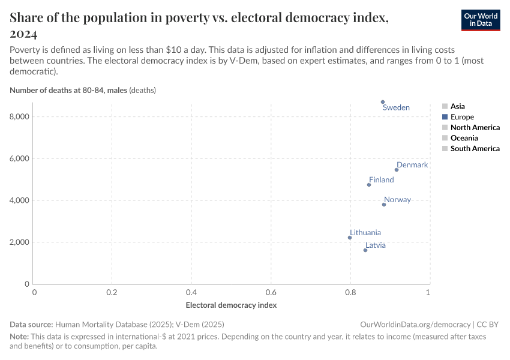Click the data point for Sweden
click(383, 102)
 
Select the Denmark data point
click(397, 170)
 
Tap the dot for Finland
click(369, 185)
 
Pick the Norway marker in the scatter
click(384, 205)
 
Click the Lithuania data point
click(350, 238)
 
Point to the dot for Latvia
click(365, 250)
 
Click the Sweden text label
click(396, 108)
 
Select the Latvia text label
click(376, 245)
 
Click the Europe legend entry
click(462, 117)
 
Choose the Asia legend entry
click(457, 107)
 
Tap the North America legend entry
click(475, 128)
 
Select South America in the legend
click(475, 149)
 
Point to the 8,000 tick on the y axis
click(19, 117)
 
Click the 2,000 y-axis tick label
click(19, 242)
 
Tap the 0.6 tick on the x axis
click(271, 292)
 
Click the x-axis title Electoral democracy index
click(231, 305)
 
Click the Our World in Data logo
click(480, 20)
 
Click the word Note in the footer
click(20, 337)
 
